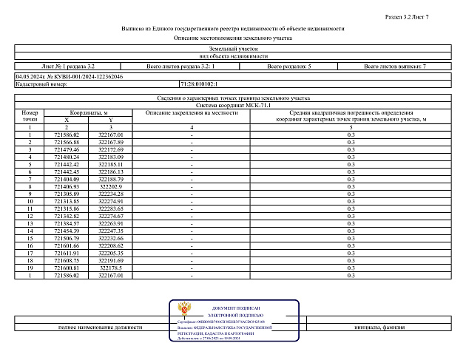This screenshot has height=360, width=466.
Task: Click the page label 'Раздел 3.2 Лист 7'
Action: point(428,16)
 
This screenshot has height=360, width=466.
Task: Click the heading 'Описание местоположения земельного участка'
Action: point(233,37)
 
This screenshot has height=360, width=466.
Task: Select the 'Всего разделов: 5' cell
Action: point(289,67)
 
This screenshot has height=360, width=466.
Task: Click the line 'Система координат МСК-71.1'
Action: point(233,105)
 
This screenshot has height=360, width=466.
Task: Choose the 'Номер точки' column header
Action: point(30,115)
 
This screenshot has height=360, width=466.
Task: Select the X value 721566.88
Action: point(67,142)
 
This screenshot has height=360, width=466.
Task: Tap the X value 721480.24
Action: point(67,157)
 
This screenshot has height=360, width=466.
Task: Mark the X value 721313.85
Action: point(67,201)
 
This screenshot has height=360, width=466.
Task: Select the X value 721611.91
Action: point(67,253)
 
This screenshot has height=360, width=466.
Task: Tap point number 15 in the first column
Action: point(30,238)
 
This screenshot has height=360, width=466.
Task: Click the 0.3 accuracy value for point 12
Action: point(351,216)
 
